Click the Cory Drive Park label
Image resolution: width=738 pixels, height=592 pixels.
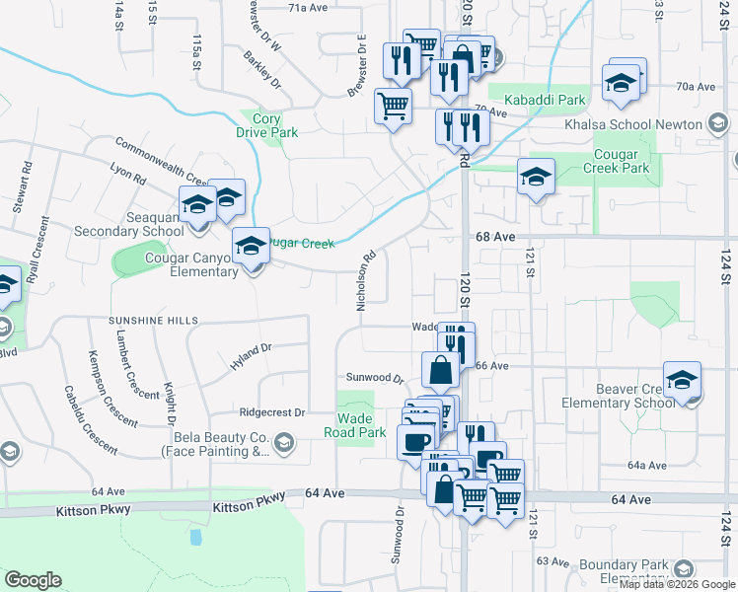click(x=266, y=124)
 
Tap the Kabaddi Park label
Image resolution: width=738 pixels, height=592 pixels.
click(x=545, y=100)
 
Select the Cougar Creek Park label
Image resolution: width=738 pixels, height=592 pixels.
click(x=622, y=162)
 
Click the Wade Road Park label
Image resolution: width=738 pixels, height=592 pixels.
click(x=355, y=425)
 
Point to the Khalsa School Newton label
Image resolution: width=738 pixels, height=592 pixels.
click(x=632, y=124)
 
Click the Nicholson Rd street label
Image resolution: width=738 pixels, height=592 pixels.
click(x=364, y=280)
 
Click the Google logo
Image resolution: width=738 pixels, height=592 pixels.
click(x=33, y=580)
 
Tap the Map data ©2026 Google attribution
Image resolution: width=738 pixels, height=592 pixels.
click(x=677, y=584)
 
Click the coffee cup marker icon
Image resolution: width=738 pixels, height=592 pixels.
click(x=415, y=440)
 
